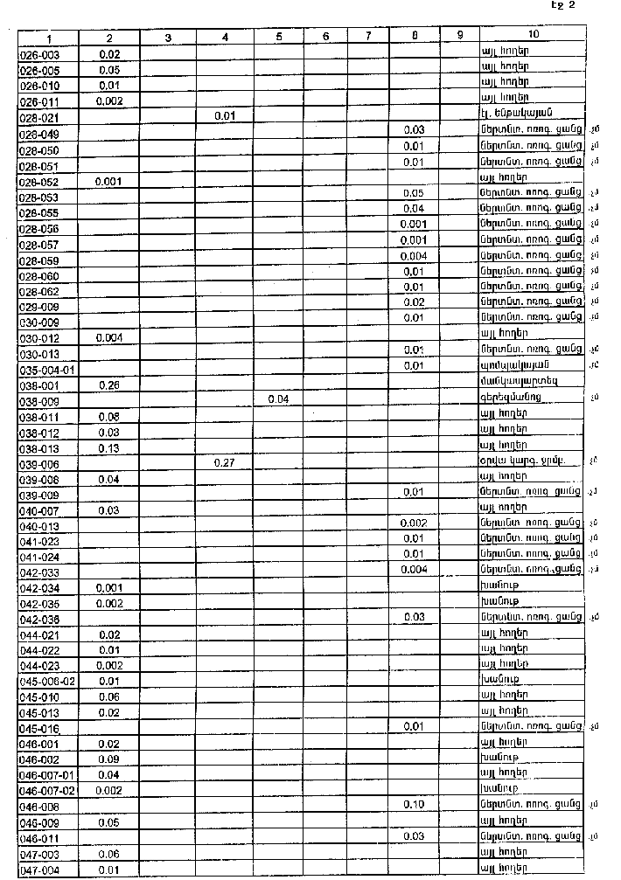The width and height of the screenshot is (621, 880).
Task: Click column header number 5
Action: click(278, 37)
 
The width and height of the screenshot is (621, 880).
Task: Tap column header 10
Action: click(533, 35)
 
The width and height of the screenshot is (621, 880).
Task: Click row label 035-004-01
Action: click(47, 370)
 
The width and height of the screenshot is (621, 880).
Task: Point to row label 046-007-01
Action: click(47, 774)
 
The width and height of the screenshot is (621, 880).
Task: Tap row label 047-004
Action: click(38, 870)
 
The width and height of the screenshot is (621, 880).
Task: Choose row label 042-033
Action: click(38, 571)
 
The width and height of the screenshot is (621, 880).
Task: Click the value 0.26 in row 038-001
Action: click(109, 385)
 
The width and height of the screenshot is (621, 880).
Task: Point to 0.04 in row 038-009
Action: click(278, 399)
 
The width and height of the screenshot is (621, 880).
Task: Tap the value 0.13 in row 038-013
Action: click(109, 448)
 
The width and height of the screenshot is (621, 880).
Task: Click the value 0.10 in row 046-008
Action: click(414, 804)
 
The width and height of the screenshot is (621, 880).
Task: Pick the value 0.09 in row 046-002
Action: click(109, 759)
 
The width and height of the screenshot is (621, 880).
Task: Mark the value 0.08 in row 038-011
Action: click(109, 417)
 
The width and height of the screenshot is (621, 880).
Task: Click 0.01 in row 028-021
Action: click(225, 115)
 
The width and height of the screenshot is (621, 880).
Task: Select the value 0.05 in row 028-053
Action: click(414, 194)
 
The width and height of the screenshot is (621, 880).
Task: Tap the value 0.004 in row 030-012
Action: click(109, 337)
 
